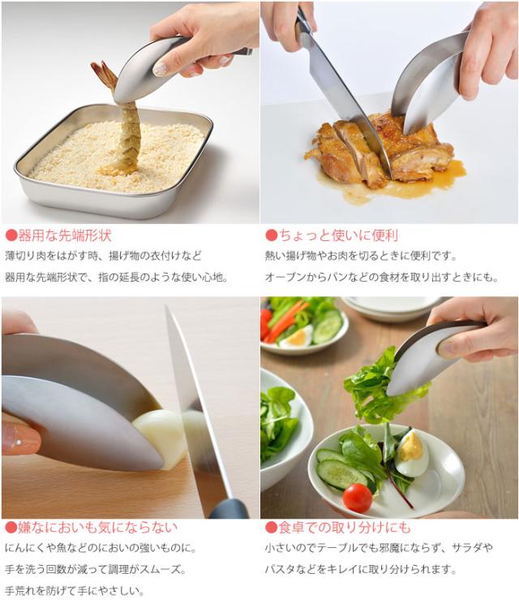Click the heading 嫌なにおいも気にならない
pyautogui.click(x=92, y=527)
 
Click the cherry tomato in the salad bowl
pyautogui.click(x=357, y=497)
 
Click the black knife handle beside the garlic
pyautogui.click(x=229, y=509)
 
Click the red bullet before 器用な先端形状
pyautogui.click(x=11, y=236)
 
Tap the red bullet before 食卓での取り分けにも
pyautogui.click(x=272, y=527)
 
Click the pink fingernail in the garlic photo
pyautogui.click(x=20, y=438)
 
